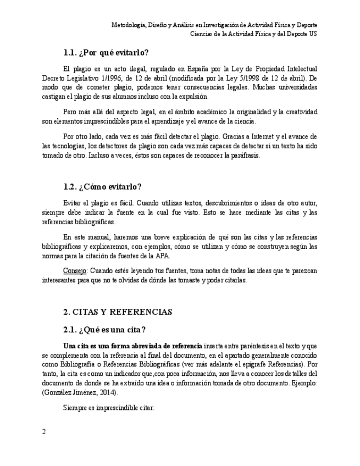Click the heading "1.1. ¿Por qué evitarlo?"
[x=106, y=53]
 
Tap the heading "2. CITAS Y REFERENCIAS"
[x=118, y=312]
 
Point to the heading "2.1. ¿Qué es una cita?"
[x=104, y=330]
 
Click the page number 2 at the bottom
[x=44, y=431]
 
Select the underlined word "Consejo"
[x=75, y=271]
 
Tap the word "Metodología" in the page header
[x=130, y=25]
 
